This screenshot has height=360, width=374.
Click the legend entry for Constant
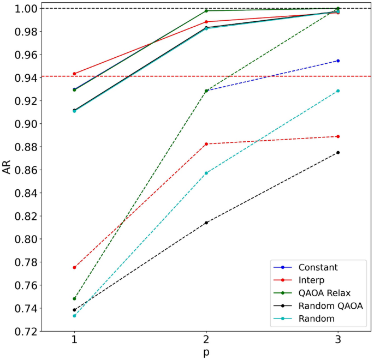(318, 267)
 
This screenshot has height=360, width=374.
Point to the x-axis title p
(206, 353)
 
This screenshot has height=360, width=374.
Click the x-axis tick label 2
(206, 339)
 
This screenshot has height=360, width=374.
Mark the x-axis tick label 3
(337, 339)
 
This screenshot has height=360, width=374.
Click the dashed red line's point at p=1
(74, 267)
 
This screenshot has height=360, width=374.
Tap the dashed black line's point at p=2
(206, 223)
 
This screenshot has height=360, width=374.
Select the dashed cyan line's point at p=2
(206, 173)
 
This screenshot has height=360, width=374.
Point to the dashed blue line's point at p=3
(338, 61)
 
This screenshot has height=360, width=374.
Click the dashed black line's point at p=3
(338, 152)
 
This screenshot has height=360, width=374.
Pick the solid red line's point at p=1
(74, 74)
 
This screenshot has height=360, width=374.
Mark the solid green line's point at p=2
(206, 11)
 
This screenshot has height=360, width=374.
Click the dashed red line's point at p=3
(338, 136)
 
